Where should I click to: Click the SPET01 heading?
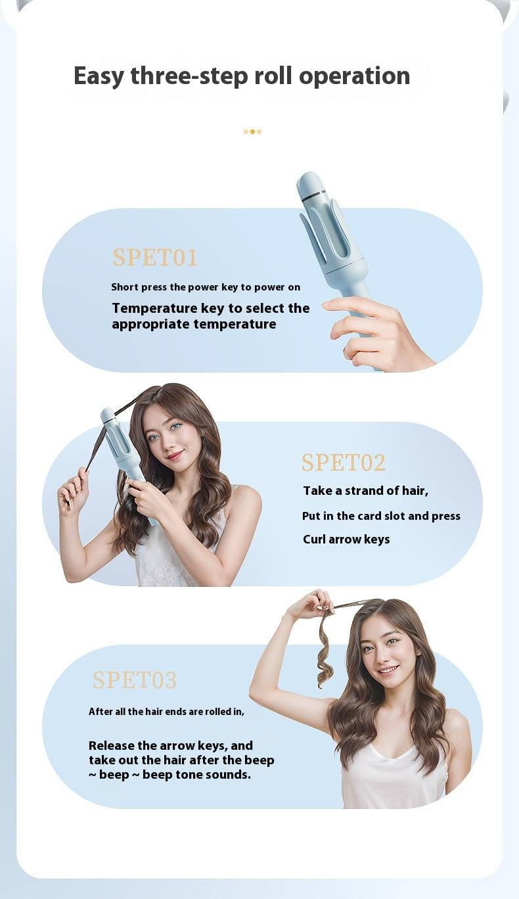coord(155,257)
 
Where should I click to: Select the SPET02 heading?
coord(344,463)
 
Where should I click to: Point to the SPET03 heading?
coord(135,680)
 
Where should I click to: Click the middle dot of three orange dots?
coord(253,131)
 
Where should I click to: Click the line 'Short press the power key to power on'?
coord(206,287)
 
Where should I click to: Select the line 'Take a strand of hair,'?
coord(365,491)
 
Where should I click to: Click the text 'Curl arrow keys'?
coord(346,539)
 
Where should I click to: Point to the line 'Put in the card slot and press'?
coord(381,516)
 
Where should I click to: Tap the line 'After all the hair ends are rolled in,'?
coord(166,712)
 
